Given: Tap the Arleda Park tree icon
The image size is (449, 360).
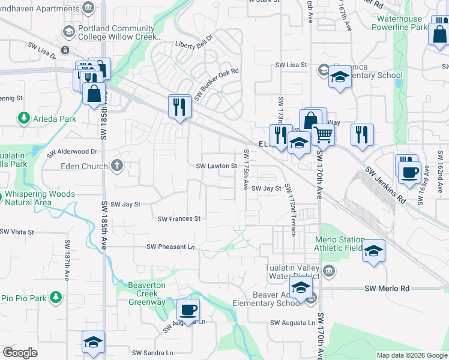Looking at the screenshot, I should click(24, 118).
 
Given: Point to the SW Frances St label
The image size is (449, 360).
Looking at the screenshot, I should click(179, 219).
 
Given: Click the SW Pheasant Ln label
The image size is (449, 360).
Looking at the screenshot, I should click(171, 247).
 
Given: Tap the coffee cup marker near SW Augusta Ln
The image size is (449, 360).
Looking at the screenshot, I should click(188, 310).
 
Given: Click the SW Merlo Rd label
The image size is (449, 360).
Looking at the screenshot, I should click(387, 289).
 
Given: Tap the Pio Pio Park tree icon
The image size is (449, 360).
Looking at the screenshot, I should click(56, 297).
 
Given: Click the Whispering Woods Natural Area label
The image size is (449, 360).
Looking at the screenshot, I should click(40, 198).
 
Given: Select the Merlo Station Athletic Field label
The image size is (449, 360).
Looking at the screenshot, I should click(340, 244).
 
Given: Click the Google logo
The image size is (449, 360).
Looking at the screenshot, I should click(20, 353).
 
